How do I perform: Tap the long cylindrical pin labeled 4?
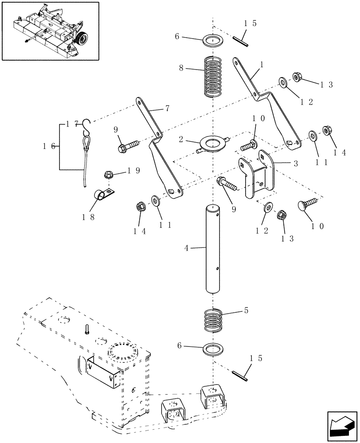[213, 249]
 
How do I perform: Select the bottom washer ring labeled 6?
[213, 349]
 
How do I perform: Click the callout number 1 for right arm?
[262, 65]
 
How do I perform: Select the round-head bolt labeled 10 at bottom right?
[309, 203]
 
